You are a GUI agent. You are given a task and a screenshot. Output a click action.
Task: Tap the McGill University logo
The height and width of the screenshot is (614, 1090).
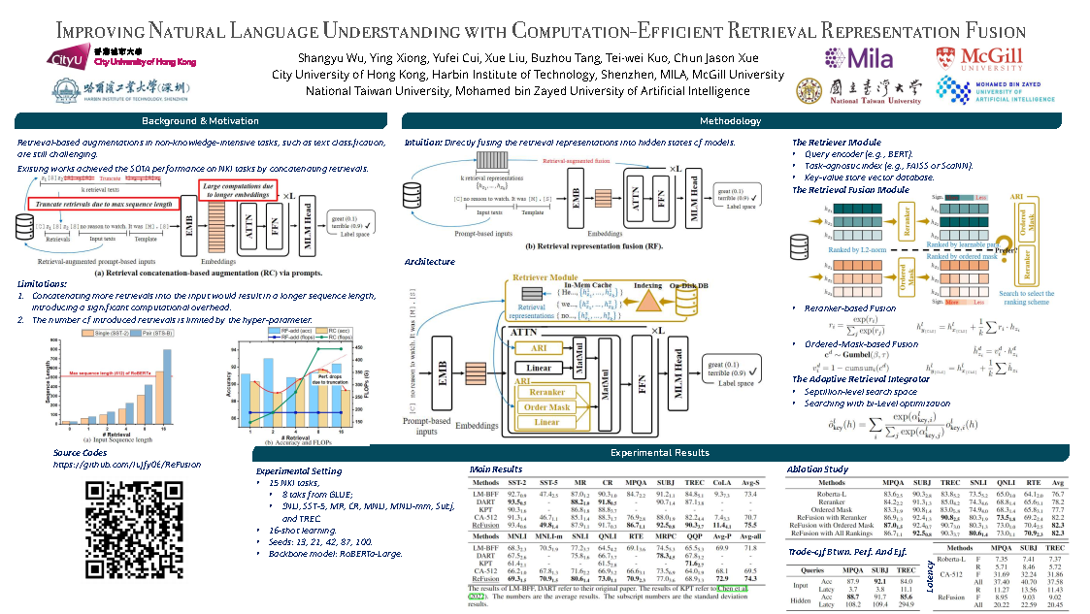pos(979,58)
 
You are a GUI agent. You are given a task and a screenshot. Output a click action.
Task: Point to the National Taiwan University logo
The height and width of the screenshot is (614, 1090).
pos(859,90)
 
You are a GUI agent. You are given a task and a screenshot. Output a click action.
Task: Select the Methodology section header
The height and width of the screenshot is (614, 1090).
pos(731,121)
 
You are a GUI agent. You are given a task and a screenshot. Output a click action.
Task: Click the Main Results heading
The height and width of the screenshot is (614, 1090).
pos(495,469)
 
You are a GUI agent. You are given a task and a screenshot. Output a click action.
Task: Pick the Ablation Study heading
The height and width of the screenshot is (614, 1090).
pos(818,469)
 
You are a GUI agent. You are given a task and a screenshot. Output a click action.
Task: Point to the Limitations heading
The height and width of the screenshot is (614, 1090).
pos(44,282)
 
